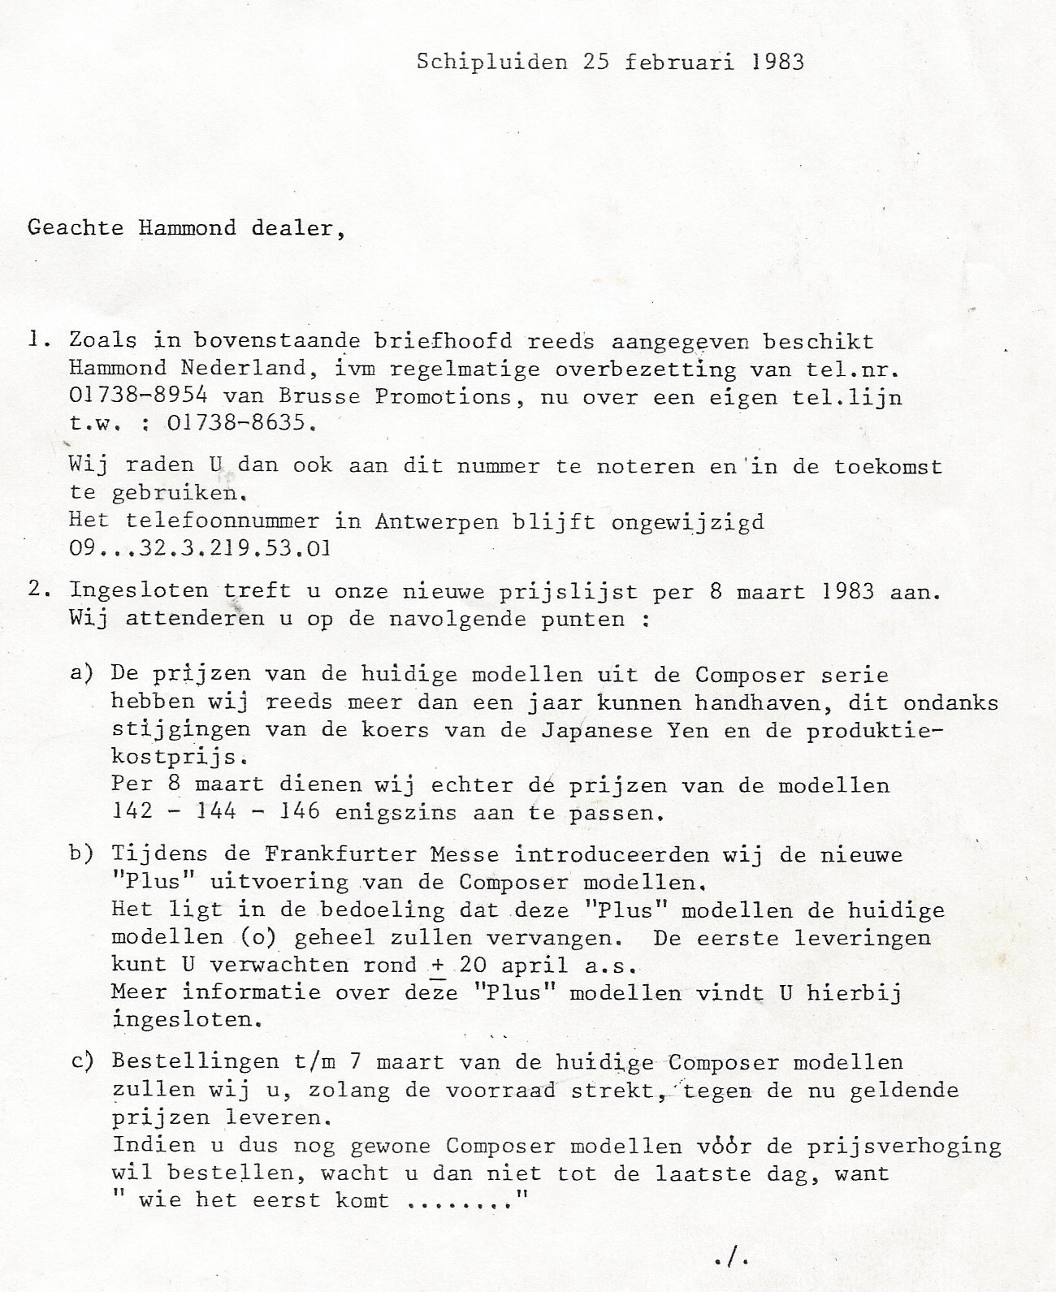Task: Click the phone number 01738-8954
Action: [x=129, y=397]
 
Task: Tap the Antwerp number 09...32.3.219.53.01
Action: [x=200, y=548]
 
